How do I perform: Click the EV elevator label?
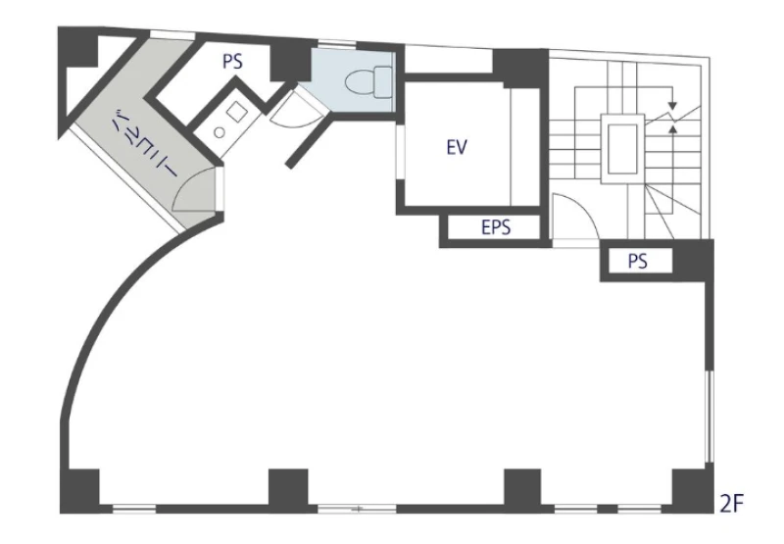(457, 147)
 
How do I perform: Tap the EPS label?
(496, 227)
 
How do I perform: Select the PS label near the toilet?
(232, 61)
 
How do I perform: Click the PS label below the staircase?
(638, 261)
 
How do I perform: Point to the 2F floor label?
(731, 504)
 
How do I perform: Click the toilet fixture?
(369, 82)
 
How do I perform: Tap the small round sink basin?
(219, 132)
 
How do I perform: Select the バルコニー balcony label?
(144, 142)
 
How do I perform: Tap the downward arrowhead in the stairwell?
(672, 106)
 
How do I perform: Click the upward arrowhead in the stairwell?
(673, 129)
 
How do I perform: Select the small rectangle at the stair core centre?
(622, 149)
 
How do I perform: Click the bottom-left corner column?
(79, 490)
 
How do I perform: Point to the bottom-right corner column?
(693, 490)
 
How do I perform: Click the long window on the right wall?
(709, 416)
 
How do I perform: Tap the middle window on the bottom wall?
(358, 509)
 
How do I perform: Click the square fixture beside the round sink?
(236, 112)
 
